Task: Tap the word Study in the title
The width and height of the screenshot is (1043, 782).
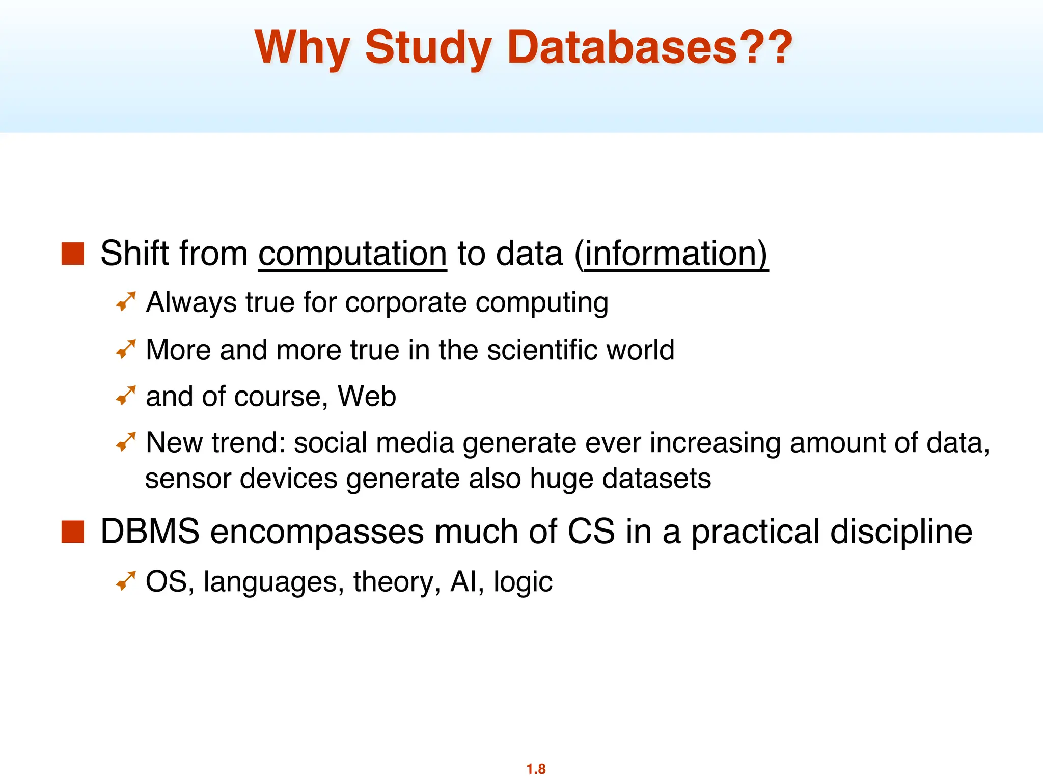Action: [x=428, y=48]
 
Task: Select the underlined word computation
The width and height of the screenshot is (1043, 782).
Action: [x=352, y=254]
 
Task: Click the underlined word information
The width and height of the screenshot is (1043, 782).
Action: [x=675, y=254]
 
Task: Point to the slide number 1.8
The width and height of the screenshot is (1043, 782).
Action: [x=536, y=769]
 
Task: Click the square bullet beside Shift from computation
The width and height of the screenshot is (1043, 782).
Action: [x=72, y=254]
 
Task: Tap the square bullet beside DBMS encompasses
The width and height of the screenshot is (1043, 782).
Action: [x=72, y=532]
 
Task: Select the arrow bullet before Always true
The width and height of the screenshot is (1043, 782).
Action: [x=126, y=301]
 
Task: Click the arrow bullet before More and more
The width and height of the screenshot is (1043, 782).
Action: [x=126, y=349]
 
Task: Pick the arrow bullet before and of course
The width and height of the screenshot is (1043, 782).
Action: [x=126, y=396]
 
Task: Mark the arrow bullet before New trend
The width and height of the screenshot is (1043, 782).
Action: [x=126, y=442]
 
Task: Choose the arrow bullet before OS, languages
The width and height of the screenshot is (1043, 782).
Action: [x=126, y=581]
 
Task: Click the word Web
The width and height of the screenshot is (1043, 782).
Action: [x=367, y=396]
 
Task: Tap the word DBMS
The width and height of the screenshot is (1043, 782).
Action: [x=150, y=532]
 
